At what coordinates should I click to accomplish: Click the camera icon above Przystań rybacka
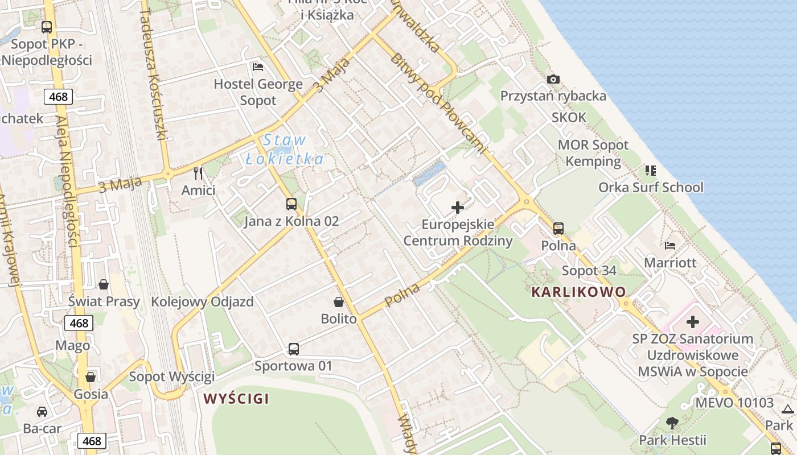pyautogui.click(x=553, y=80)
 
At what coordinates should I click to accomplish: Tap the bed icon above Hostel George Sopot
pyautogui.click(x=258, y=67)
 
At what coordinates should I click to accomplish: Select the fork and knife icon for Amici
pyautogui.click(x=198, y=173)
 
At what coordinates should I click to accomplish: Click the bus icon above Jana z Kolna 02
pyautogui.click(x=291, y=204)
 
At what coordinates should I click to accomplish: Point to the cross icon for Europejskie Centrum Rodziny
pyautogui.click(x=458, y=208)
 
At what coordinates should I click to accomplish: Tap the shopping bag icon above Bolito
pyautogui.click(x=339, y=301)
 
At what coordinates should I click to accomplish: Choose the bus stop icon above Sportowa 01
pyautogui.click(x=293, y=349)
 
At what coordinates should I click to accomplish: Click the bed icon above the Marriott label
pyautogui.click(x=670, y=246)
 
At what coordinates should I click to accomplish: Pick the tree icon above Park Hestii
pyautogui.click(x=672, y=423)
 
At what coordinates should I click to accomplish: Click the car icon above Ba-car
pyautogui.click(x=42, y=411)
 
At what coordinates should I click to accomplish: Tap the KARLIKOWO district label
pyautogui.click(x=578, y=292)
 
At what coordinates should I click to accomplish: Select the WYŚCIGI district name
pyautogui.click(x=236, y=399)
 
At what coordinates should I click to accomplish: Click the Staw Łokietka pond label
pyautogui.click(x=285, y=150)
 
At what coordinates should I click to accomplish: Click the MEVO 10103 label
pyautogui.click(x=734, y=403)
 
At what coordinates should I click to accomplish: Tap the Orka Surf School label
pyautogui.click(x=651, y=187)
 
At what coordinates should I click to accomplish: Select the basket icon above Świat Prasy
pyautogui.click(x=104, y=284)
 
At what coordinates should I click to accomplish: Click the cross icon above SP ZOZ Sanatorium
pyautogui.click(x=692, y=322)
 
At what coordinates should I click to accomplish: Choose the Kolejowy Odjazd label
pyautogui.click(x=202, y=301)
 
